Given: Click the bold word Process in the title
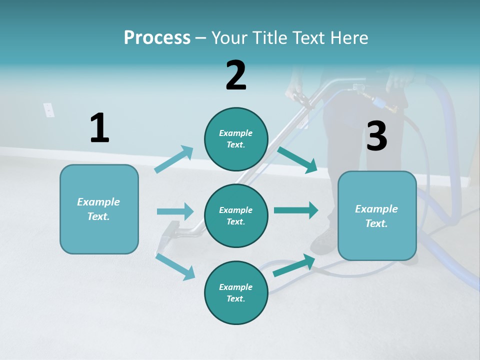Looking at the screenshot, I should pos(157,37).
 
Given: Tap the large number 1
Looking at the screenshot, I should pos(99,128).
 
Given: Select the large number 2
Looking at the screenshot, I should pos(236,75).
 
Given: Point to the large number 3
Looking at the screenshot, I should pos(376,136).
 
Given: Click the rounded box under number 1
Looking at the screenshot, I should pos(99,209).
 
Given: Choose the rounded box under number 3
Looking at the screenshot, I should pos(377,215).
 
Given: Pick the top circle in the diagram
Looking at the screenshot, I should pos(236,139).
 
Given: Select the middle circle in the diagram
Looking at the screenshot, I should pos(236,215).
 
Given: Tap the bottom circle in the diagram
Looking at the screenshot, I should pos(236,292).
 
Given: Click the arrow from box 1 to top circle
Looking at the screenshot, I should pos(174,159).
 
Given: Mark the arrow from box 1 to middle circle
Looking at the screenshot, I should pos(175,211).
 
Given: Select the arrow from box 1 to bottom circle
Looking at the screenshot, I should pos(175,266).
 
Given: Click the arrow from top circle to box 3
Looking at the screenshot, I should pos(297,159).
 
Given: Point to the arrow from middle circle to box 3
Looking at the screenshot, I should pos(296,210).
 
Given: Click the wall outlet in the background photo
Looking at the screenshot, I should pos(48,110).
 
